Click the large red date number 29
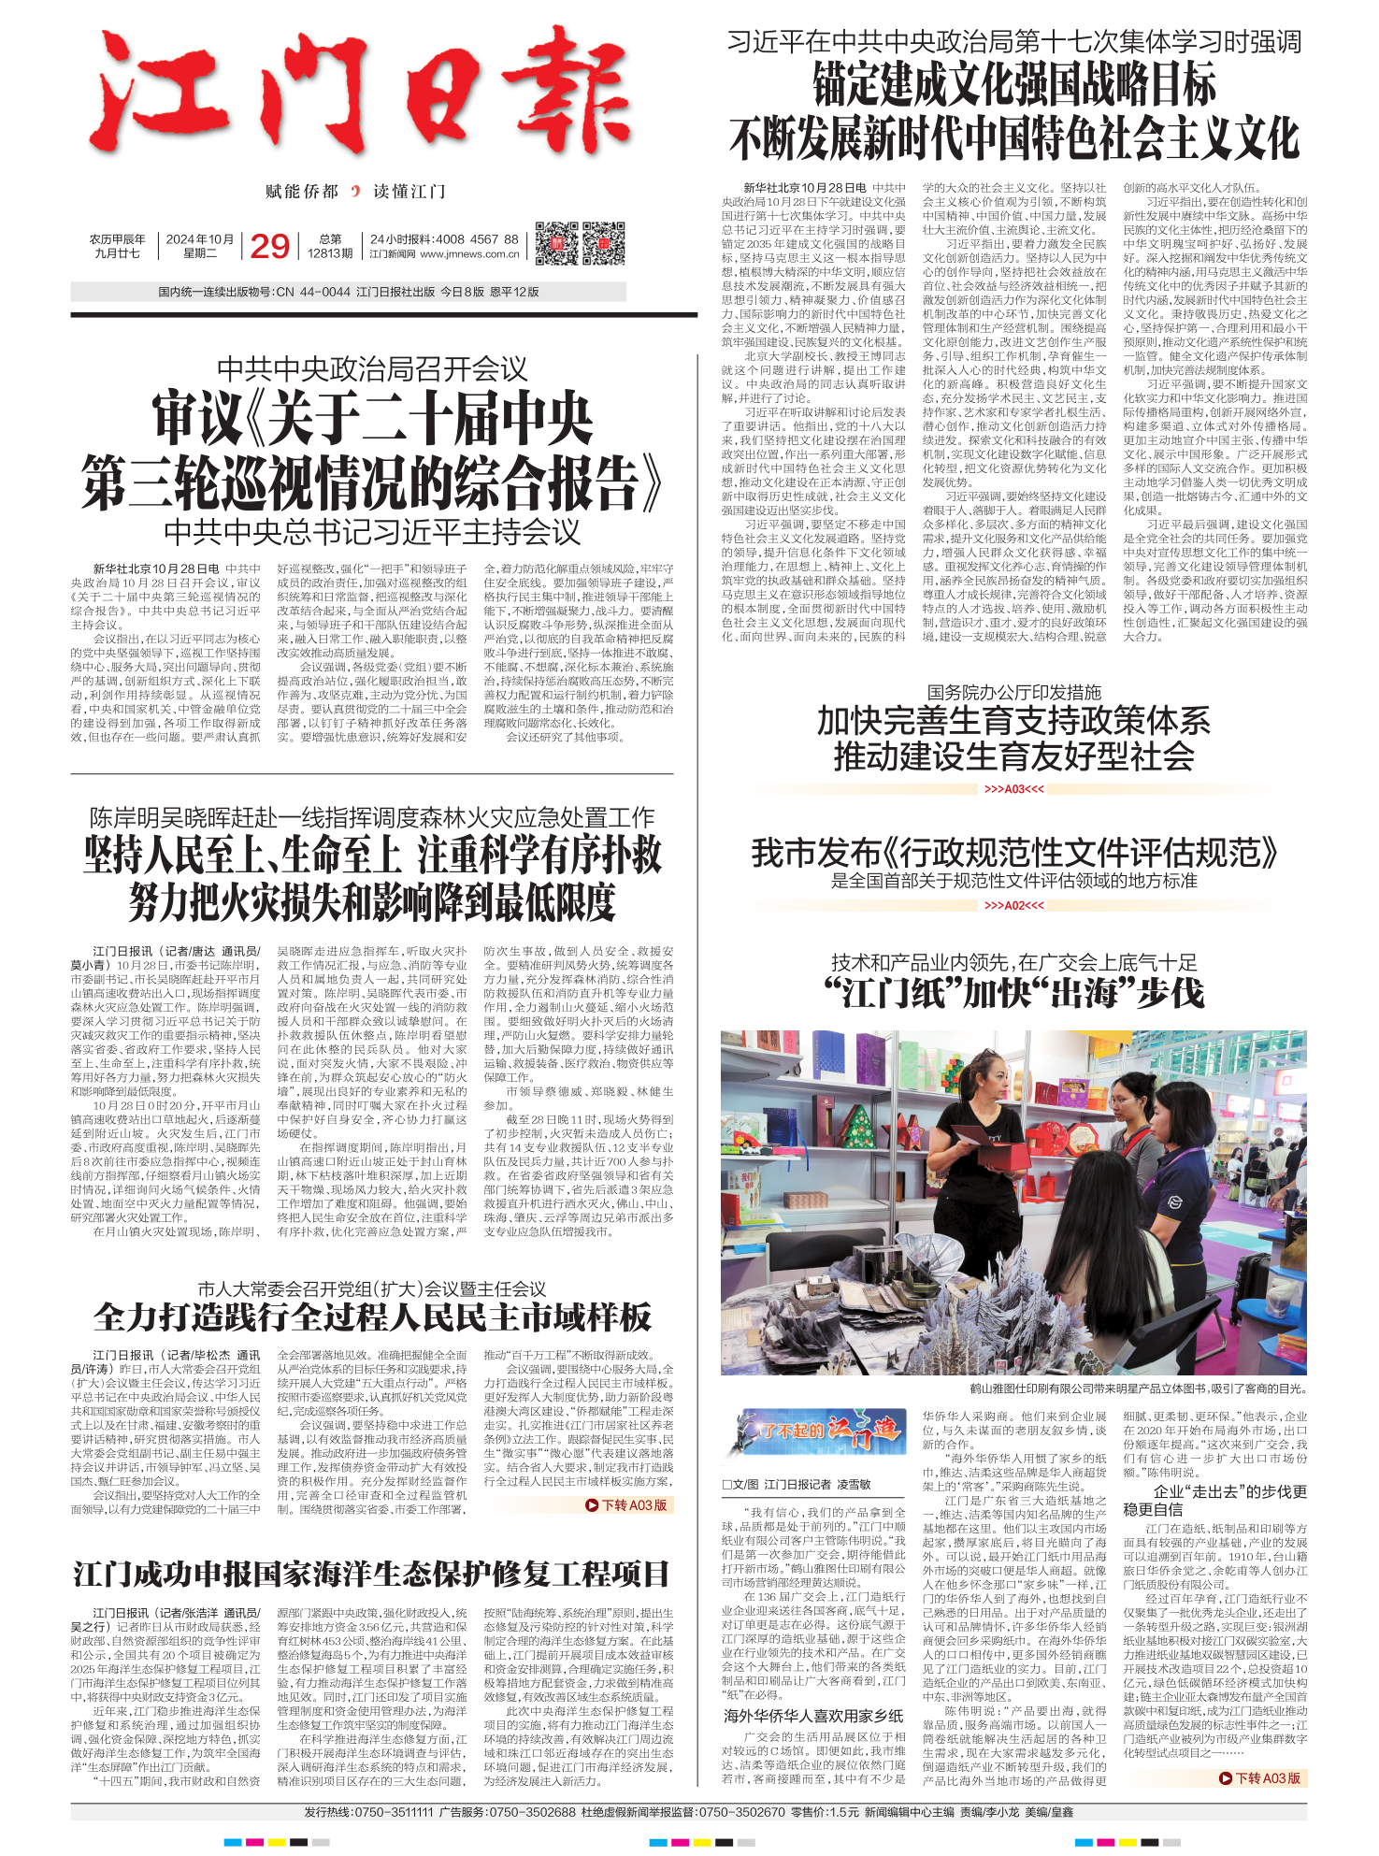click(270, 246)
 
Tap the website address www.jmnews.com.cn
click(469, 253)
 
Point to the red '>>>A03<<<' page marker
click(1013, 789)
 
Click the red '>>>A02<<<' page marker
click(1013, 905)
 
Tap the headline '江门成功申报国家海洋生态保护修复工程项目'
click(371, 1574)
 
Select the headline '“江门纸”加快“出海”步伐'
click(1013, 993)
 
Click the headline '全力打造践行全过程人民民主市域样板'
click(372, 1316)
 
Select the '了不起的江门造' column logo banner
click(814, 1430)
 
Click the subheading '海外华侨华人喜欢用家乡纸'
click(812, 1716)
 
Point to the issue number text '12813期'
click(330, 253)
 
